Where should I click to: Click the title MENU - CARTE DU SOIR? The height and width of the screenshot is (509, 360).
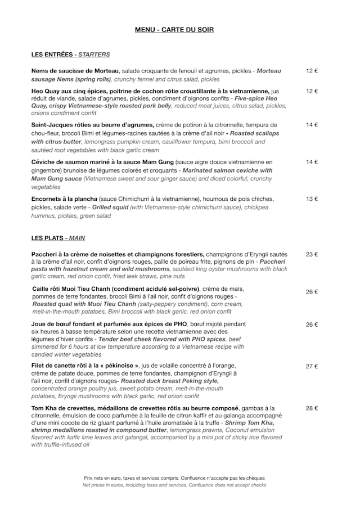[x=174, y=30]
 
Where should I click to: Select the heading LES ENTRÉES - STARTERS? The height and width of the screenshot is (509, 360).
[x=70, y=55]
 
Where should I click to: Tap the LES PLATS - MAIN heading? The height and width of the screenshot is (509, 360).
[x=58, y=238]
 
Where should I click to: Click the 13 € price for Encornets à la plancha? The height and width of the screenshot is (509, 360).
[x=312, y=199]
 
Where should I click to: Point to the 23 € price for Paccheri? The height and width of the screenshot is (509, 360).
[x=312, y=254]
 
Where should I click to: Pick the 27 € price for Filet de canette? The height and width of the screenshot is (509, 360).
[x=312, y=366]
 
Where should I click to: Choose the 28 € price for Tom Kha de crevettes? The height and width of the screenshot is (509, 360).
[x=312, y=408]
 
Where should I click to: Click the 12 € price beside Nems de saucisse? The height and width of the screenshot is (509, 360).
[x=312, y=71]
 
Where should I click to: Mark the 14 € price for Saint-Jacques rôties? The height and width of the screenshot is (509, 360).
[x=312, y=125]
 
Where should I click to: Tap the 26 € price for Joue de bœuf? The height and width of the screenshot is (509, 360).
[x=312, y=325]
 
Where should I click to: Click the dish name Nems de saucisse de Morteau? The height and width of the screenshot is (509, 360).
[x=75, y=71]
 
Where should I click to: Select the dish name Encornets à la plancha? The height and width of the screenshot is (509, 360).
[x=64, y=199]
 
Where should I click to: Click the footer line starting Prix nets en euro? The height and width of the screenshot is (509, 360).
[x=174, y=478]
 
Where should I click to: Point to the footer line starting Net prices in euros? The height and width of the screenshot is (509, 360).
[x=174, y=485]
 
